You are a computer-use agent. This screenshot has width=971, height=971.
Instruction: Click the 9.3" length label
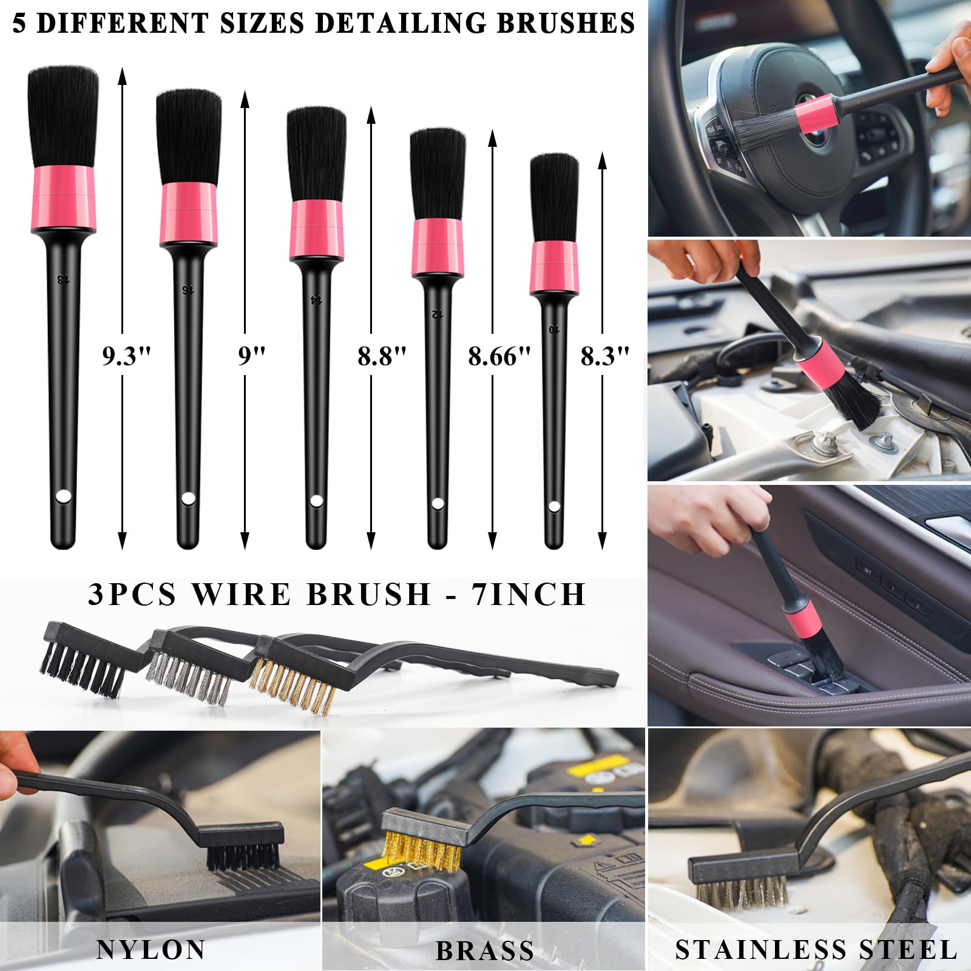[126, 356]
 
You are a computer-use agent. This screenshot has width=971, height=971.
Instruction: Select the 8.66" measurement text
[499, 356]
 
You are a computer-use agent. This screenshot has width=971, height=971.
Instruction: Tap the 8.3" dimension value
[604, 356]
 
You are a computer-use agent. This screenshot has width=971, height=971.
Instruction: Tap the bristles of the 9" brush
[189, 137]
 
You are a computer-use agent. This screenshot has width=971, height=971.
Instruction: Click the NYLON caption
[151, 950]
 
